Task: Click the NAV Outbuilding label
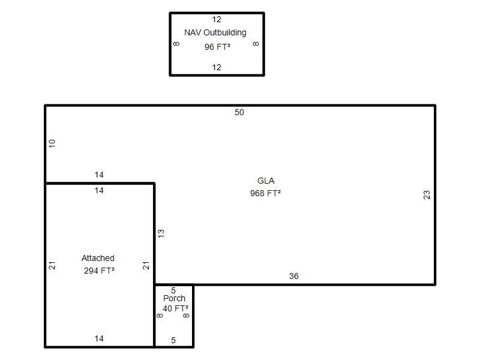(215, 33)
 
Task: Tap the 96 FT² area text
(217, 47)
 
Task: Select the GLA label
(266, 181)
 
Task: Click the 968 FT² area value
(265, 193)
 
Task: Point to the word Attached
(98, 258)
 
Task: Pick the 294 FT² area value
(99, 271)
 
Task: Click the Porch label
(174, 298)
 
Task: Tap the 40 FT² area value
(175, 308)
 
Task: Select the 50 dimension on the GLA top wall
(239, 112)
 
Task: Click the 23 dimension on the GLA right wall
(427, 194)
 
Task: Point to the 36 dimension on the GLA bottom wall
(294, 276)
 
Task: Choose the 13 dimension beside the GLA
(161, 233)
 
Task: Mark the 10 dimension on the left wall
(52, 143)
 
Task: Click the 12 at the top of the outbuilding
(217, 20)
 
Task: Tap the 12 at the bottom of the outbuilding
(217, 67)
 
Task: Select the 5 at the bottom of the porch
(173, 340)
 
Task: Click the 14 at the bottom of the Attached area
(99, 338)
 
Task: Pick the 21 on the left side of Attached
(52, 265)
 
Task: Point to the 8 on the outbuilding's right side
(256, 44)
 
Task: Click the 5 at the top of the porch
(173, 290)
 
